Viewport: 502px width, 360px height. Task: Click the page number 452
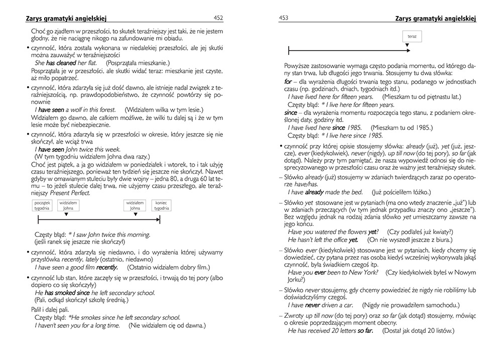point(218,18)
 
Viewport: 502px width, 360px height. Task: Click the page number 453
point(284,18)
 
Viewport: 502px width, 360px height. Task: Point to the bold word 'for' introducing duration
point(288,81)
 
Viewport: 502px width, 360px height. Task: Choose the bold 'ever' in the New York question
point(320,272)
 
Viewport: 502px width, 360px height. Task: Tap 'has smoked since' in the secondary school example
point(67,292)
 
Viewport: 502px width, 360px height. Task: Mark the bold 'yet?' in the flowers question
point(372,231)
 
